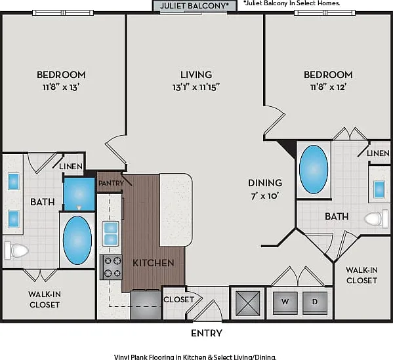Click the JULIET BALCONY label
194,5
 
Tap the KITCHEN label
154,263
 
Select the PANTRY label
111,183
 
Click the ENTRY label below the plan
207,333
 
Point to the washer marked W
285,303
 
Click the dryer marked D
315,303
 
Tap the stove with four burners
111,267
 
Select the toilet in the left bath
16,250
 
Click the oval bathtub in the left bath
77,241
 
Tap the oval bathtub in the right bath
314,170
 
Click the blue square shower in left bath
79,194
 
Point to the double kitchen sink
110,233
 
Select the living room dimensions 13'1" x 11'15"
196,87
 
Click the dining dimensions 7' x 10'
265,195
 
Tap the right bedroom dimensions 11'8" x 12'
328,87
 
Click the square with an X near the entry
248,303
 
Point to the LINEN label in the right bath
378,153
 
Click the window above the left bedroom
63,12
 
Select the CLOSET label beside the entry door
178,300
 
